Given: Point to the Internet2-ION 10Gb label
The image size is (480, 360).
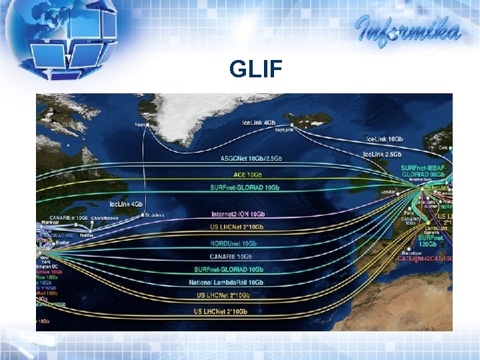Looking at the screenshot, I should pos(237,214).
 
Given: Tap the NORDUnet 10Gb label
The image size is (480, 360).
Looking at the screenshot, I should pos(233,243).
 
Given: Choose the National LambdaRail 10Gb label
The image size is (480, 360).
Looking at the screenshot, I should pos(227,283).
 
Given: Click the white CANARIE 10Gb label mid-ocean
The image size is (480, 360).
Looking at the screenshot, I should pos(231,256).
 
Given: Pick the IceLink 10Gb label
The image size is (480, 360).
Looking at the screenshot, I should pos(385,139).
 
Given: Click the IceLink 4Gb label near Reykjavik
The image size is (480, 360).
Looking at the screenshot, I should pos(259,123).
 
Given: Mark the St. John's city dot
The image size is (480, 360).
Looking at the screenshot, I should pos(146,215).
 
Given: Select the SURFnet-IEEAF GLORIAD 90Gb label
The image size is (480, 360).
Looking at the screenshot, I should pos(423,171).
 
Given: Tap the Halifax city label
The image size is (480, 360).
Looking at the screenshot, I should pos(86,235).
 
